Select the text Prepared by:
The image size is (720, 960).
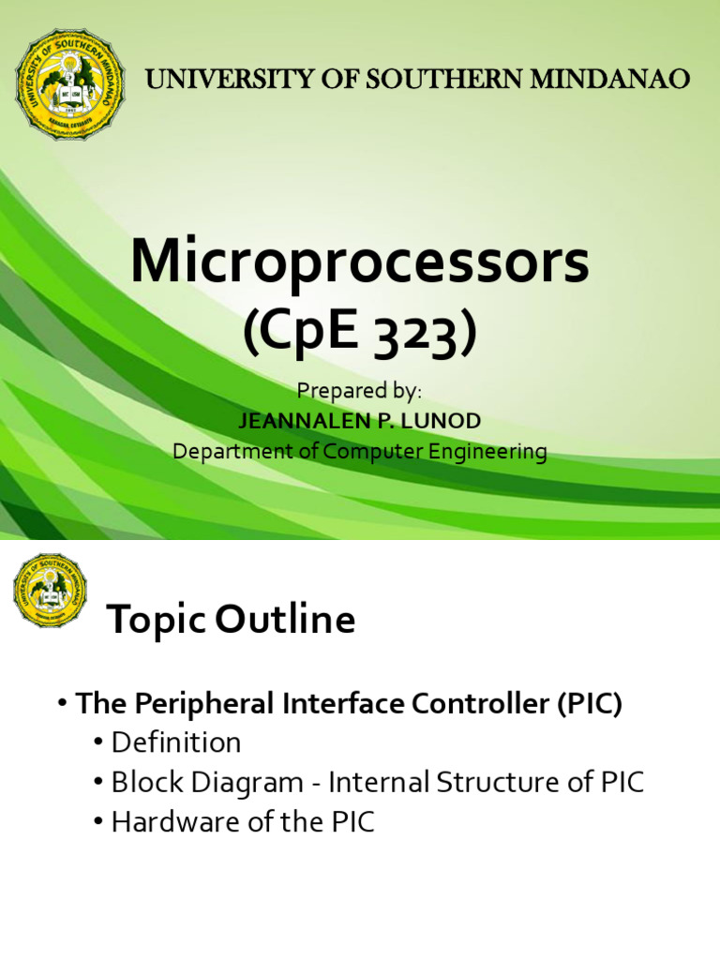click(x=359, y=391)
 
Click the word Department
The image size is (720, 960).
click(x=227, y=451)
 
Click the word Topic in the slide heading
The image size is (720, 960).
click(x=157, y=620)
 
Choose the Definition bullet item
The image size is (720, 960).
click(x=176, y=743)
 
